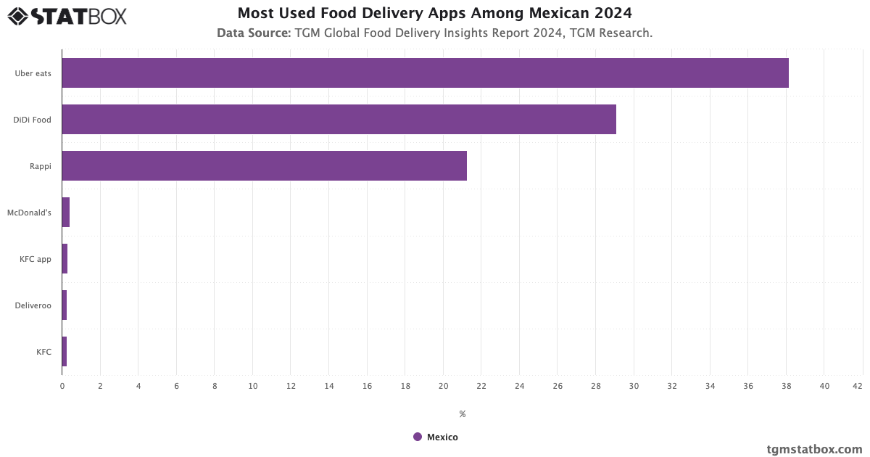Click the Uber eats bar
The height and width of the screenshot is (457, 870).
(425, 73)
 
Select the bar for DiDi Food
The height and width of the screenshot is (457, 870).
(339, 120)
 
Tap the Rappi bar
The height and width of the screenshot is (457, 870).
(264, 166)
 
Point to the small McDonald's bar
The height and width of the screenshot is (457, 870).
(66, 213)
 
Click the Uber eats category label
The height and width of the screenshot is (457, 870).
(33, 73)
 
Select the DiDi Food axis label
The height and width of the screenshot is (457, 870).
(32, 120)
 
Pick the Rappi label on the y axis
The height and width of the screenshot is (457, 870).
(40, 166)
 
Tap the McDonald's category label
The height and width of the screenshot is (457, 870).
(29, 213)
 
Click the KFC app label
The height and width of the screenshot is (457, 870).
(36, 259)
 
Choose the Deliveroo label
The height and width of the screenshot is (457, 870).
(33, 305)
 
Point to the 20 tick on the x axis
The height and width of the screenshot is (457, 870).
(443, 386)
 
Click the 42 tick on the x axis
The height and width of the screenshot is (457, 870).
(858, 386)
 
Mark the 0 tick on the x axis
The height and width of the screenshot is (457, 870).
(62, 386)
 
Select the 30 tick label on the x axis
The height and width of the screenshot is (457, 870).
(634, 386)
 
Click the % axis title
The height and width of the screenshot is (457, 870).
(462, 414)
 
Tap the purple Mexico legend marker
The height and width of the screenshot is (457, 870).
(418, 437)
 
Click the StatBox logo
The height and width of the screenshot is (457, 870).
(67, 16)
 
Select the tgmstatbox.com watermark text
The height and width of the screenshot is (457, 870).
(814, 449)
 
